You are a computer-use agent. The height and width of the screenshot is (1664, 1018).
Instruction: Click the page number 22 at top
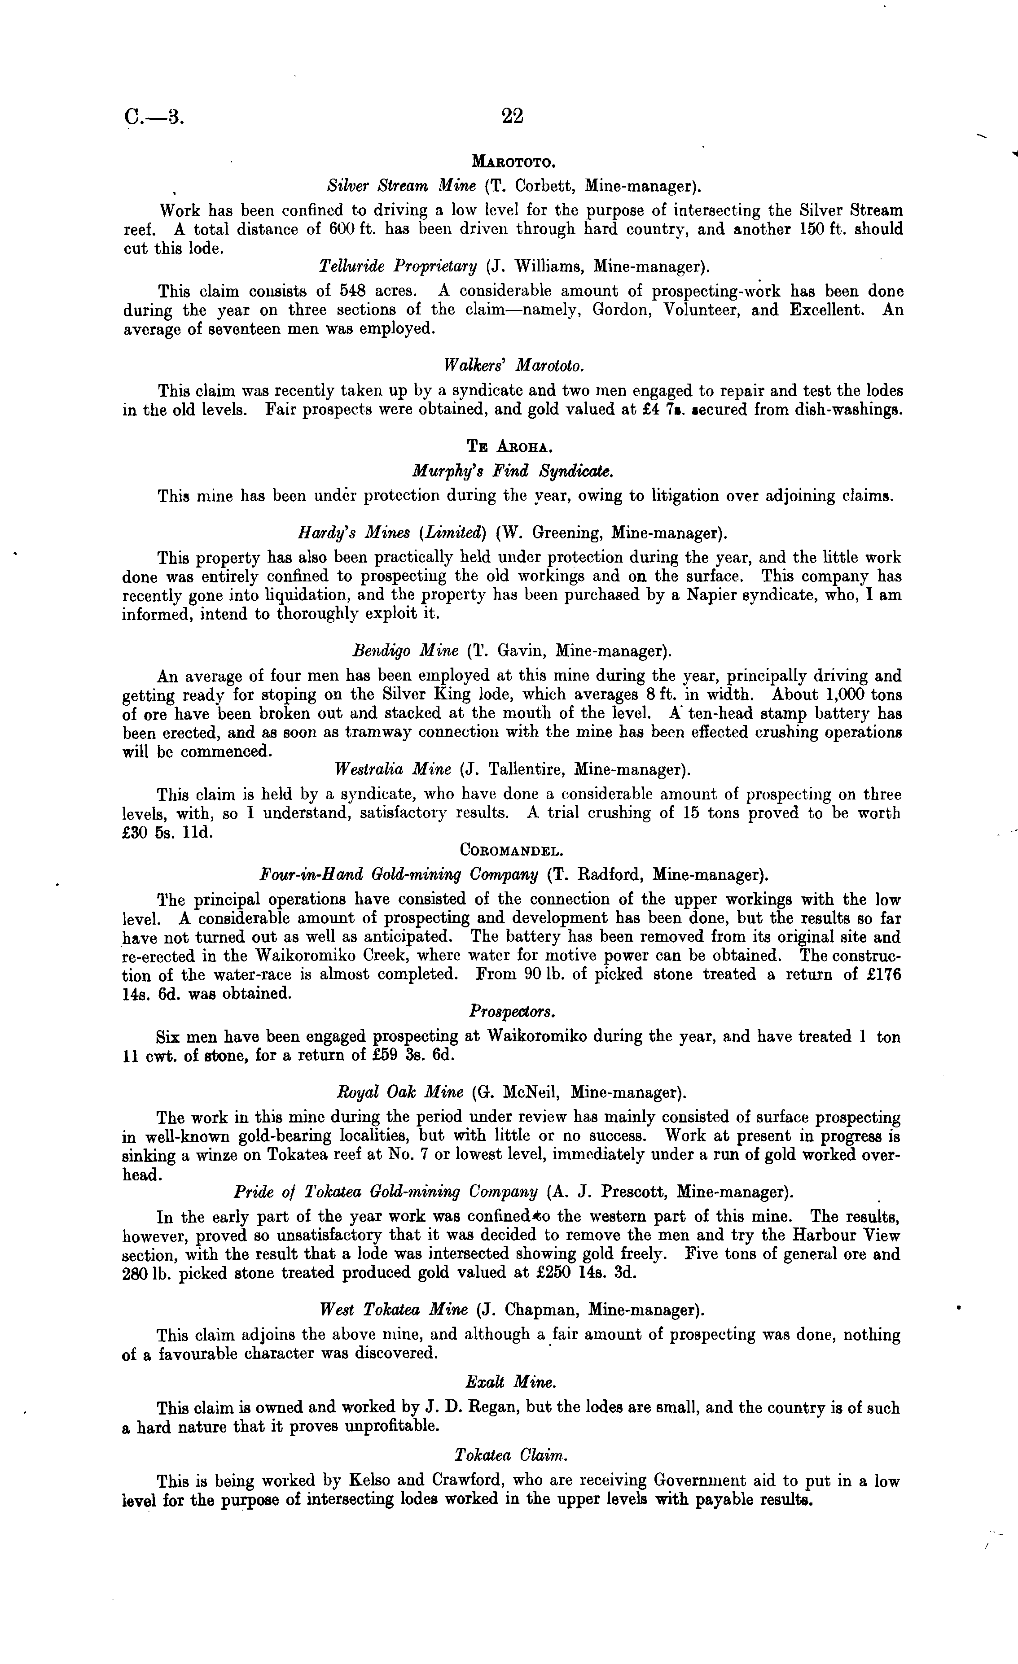tap(513, 117)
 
